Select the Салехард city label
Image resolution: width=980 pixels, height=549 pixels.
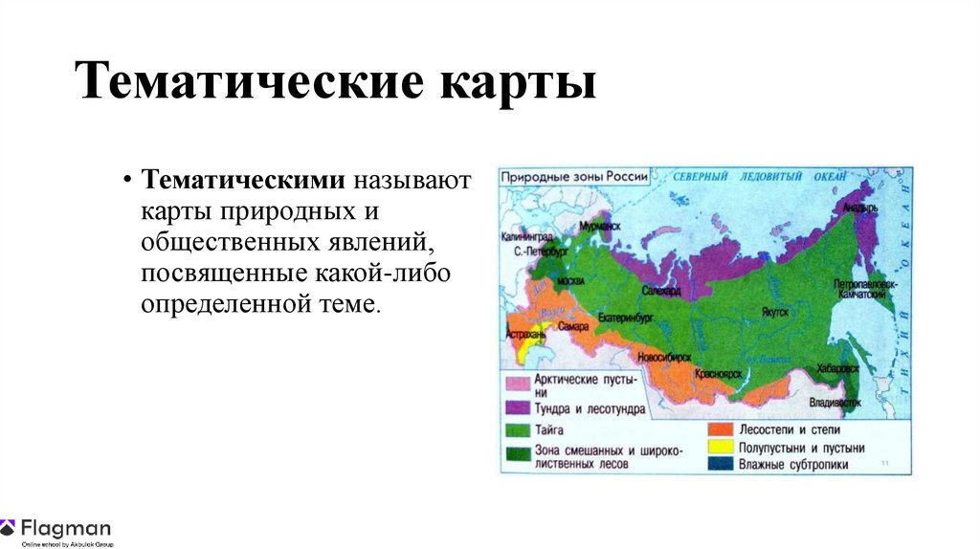pyautogui.click(x=660, y=290)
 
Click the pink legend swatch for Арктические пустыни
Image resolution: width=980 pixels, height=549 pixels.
pyautogui.click(x=518, y=383)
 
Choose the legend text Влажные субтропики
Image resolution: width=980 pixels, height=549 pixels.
pyautogui.click(x=795, y=465)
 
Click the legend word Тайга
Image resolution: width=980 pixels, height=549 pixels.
pyautogui.click(x=549, y=430)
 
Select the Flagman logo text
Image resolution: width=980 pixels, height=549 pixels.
pyautogui.click(x=66, y=527)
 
